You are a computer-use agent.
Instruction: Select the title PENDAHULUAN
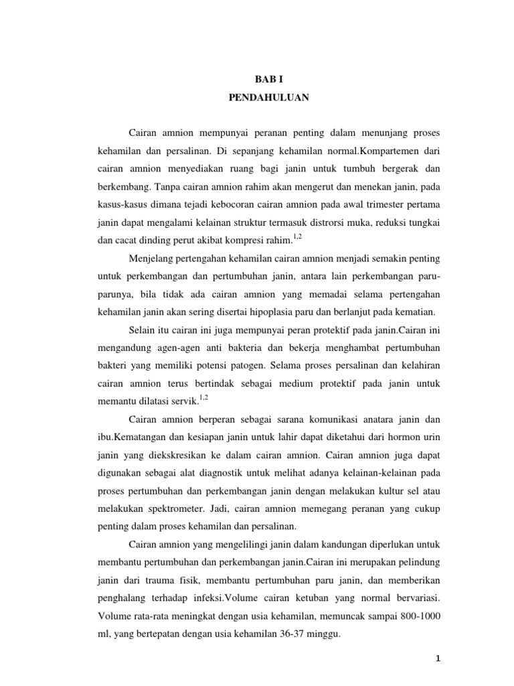pos(267,97)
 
